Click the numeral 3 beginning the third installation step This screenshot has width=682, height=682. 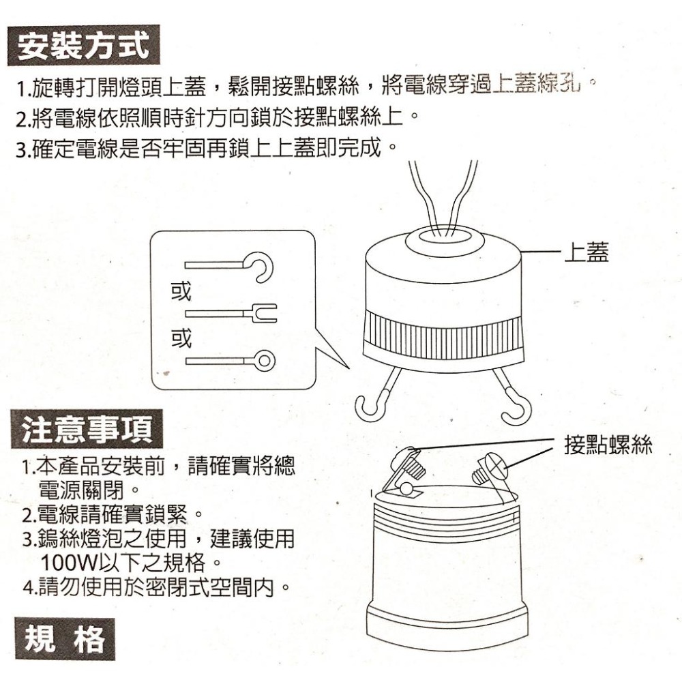(20, 148)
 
